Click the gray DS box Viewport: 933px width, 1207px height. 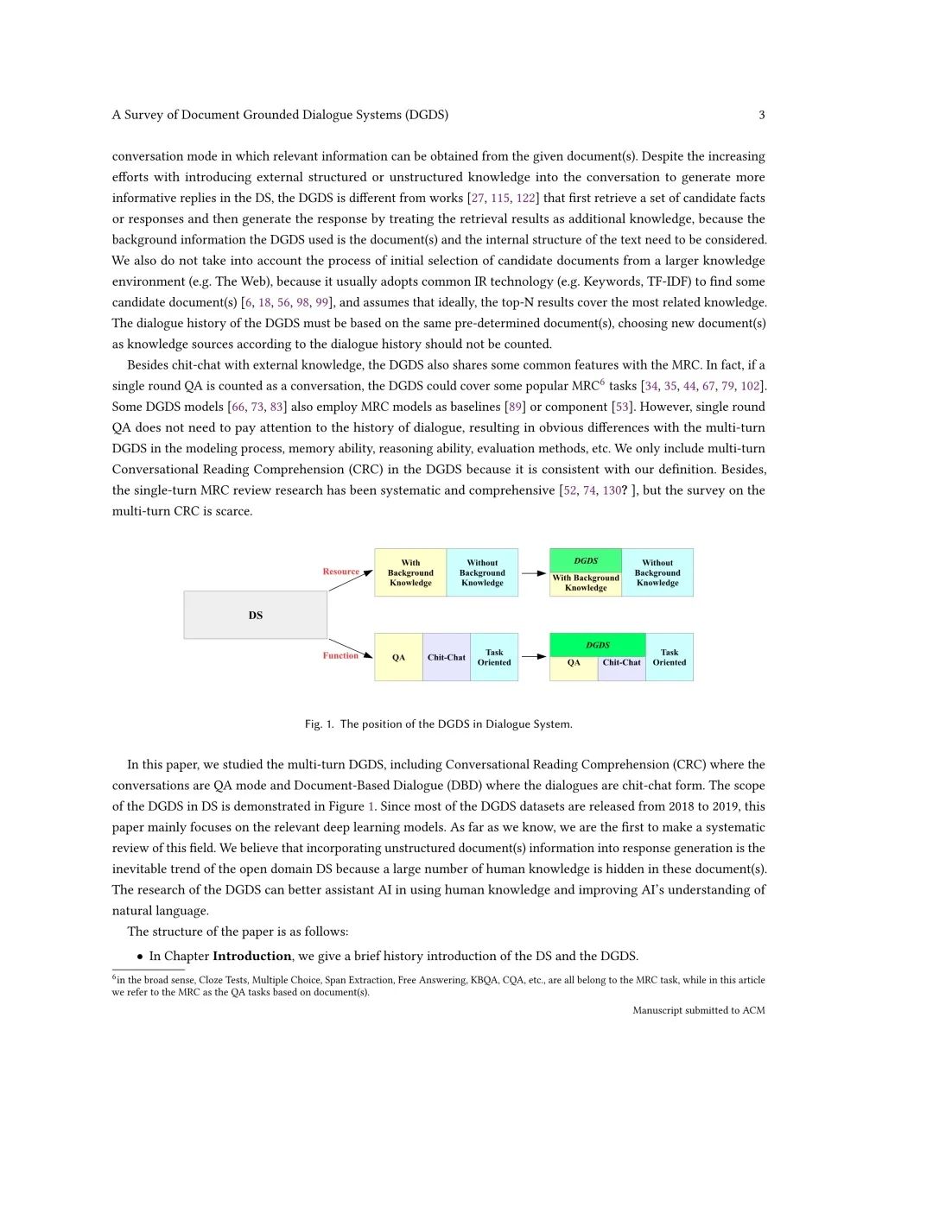tap(255, 615)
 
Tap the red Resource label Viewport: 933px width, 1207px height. tap(340, 572)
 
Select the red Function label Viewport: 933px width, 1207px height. tap(340, 655)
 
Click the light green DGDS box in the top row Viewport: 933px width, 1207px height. tap(586, 560)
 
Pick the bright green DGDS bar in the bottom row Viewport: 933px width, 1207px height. tap(597, 645)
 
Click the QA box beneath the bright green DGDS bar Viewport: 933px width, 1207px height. tap(574, 663)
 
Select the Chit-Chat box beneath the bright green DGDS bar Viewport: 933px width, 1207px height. tap(621, 663)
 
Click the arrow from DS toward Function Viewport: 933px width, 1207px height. tap(350, 648)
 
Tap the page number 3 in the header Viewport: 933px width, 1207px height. tap(761, 115)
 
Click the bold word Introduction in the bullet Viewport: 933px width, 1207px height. tap(252, 956)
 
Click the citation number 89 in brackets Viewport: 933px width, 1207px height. tap(514, 407)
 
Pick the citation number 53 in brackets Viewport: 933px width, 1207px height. tap(621, 407)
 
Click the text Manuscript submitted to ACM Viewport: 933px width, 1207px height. tap(698, 1010)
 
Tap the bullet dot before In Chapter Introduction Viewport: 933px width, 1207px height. tap(140, 957)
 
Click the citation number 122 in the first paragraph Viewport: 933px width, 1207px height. tap(525, 198)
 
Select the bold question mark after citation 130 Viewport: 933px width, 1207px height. tap(625, 490)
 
